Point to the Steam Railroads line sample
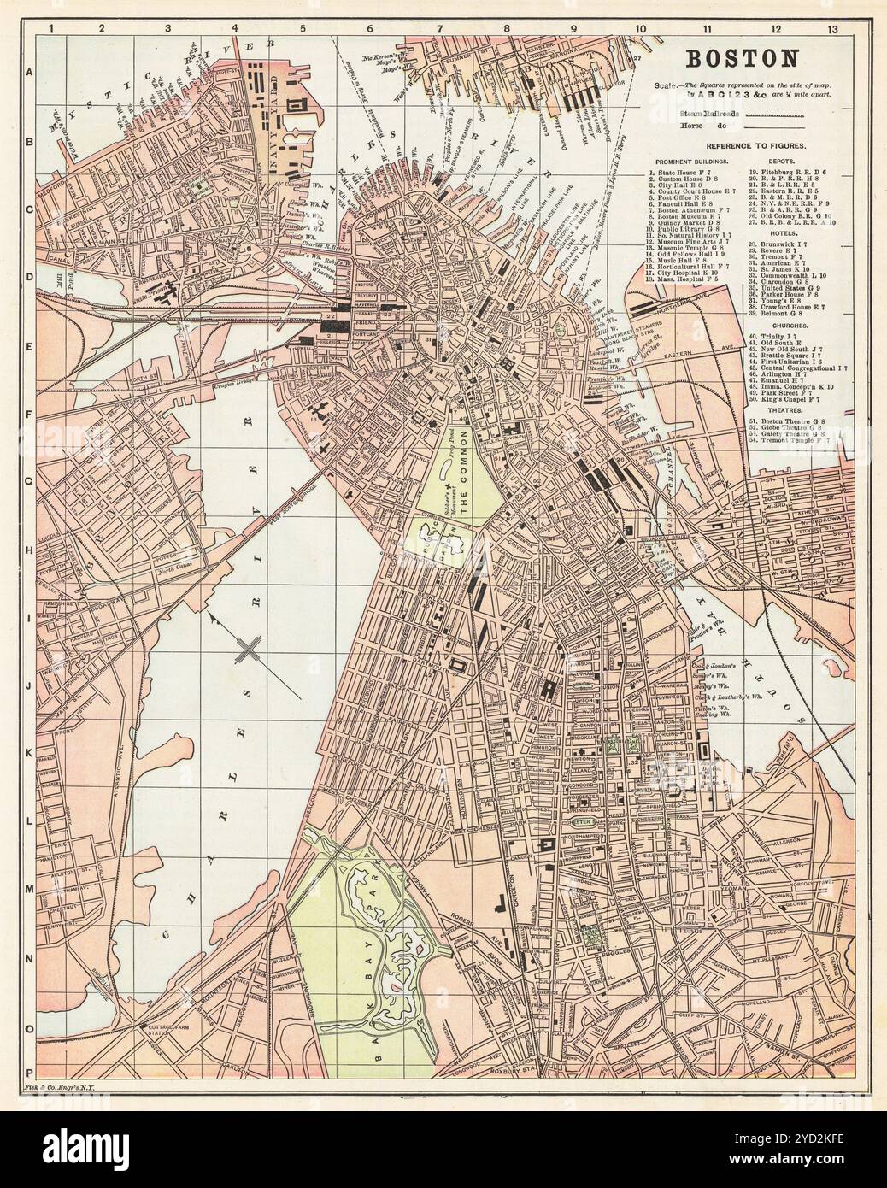pos(773,113)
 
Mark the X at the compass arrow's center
pos(249,650)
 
